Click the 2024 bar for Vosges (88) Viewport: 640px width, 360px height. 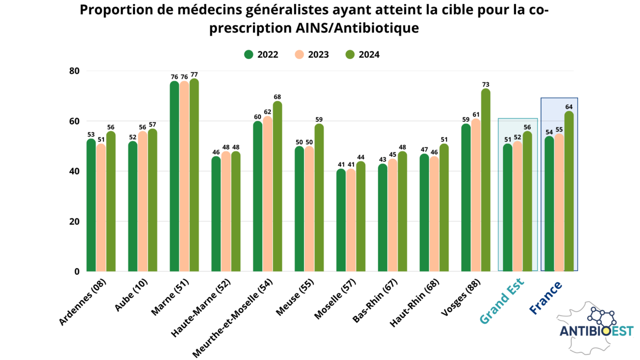coord(486,180)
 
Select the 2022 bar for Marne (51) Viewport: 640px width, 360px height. coord(174,176)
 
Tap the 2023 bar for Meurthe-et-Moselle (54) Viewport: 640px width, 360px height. coord(267,194)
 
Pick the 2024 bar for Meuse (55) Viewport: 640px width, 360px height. coord(319,197)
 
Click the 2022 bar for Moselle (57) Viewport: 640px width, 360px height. coord(341,220)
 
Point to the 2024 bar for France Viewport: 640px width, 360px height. coord(569,191)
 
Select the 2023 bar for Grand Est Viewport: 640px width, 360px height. coord(517,206)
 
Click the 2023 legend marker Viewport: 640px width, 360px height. coord(299,54)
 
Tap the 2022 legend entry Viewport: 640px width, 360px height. coord(261,54)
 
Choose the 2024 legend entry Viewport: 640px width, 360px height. coord(362,54)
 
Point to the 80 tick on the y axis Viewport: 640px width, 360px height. coord(74,71)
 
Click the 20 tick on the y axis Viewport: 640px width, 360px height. coord(74,222)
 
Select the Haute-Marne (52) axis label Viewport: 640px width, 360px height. coord(200,308)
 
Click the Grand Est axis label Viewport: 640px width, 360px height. coord(502,300)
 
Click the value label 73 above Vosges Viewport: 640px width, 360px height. coord(486,85)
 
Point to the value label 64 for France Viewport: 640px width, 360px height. coord(569,107)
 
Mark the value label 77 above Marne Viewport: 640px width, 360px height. coord(194,74)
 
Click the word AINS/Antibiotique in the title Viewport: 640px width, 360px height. coord(357,28)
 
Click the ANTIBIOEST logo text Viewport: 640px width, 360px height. coord(596,331)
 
